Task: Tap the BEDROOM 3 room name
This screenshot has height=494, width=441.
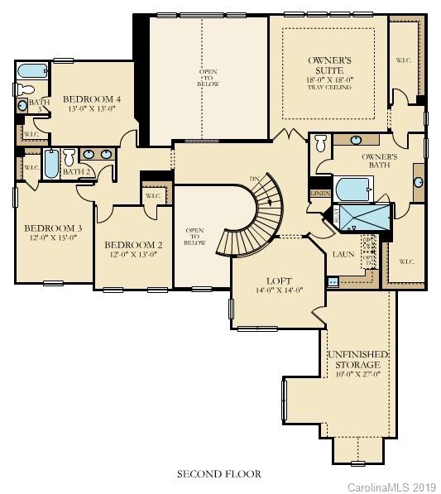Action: [52, 228]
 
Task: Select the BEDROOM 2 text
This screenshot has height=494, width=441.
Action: [132, 245]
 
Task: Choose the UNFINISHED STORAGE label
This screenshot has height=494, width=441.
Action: [357, 359]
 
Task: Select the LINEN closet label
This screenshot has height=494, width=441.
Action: [320, 193]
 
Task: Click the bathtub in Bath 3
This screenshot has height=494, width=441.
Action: [32, 70]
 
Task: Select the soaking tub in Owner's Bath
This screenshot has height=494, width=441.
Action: [353, 189]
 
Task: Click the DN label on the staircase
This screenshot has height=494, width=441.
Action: [255, 180]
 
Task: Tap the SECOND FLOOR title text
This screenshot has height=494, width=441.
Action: [219, 474]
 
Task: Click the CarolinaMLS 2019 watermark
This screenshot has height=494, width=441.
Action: [391, 486]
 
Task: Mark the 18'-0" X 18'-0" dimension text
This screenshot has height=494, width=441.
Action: [328, 79]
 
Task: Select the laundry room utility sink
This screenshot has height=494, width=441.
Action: [333, 281]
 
